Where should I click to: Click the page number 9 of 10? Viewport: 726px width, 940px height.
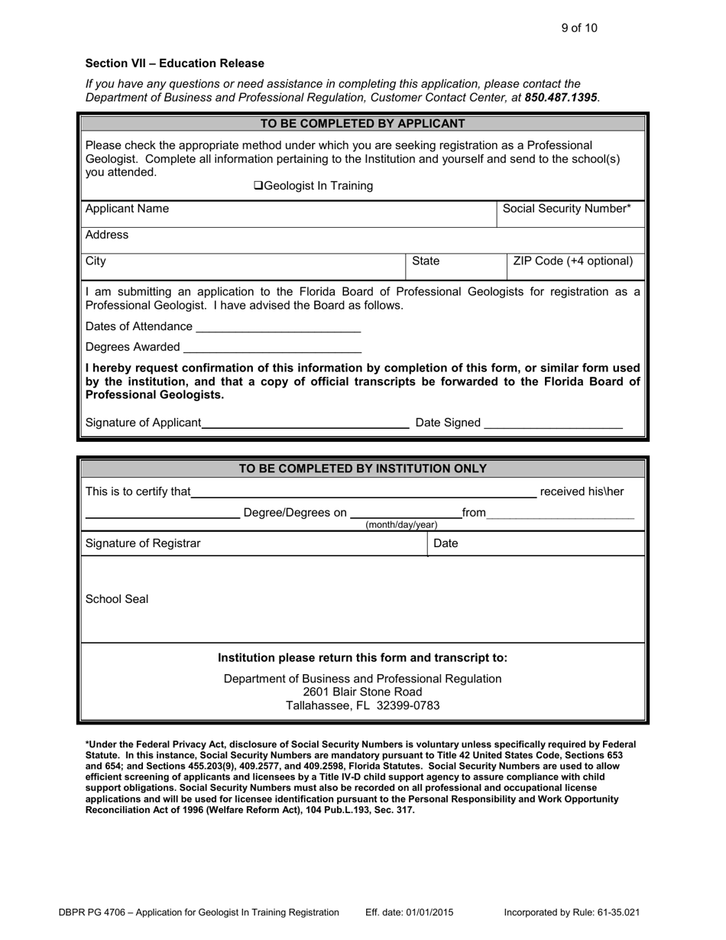click(x=579, y=28)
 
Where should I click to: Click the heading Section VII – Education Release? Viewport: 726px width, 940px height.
click(x=174, y=63)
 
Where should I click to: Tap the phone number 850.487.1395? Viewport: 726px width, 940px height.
click(x=561, y=97)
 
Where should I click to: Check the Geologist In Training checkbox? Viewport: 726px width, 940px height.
click(x=258, y=186)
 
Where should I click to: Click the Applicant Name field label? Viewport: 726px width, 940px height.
click(x=128, y=209)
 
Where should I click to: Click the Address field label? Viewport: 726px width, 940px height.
click(x=107, y=235)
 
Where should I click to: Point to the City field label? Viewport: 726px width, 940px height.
click(x=96, y=261)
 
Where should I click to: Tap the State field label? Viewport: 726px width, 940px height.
click(x=426, y=261)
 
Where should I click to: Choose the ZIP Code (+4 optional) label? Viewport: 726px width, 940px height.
click(x=573, y=261)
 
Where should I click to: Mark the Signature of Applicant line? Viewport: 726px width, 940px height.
click(x=306, y=423)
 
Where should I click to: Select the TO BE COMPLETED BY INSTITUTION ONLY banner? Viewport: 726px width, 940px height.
click(x=363, y=468)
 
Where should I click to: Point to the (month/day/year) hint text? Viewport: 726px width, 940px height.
click(x=401, y=525)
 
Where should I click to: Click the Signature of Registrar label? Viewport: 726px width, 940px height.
click(x=143, y=543)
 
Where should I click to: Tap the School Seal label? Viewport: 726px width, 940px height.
click(x=117, y=599)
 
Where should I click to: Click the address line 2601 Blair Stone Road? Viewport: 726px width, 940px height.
click(x=362, y=692)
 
